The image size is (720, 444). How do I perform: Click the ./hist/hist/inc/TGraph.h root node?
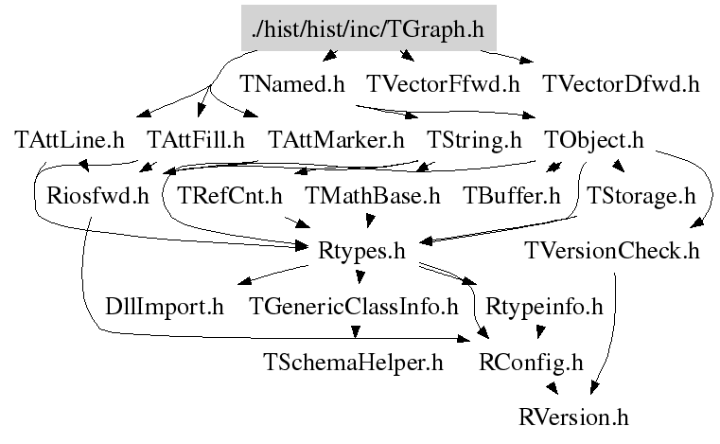pos(369,30)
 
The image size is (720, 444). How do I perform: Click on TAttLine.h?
pos(70,141)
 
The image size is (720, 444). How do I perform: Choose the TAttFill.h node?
pos(197,141)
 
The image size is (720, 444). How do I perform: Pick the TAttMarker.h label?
pos(336,141)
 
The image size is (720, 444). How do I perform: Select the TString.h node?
pos(474,141)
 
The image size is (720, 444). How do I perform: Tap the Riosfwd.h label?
pos(98,197)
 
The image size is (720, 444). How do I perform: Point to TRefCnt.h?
pos(230,197)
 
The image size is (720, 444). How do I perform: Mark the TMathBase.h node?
pos(373,197)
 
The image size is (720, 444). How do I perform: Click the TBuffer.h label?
pos(512,197)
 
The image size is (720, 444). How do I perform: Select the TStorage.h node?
pos(641,197)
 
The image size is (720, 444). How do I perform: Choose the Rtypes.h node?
pos(363,252)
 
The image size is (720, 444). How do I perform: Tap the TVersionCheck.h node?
pos(613,252)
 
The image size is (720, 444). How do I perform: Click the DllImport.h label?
pos(165,307)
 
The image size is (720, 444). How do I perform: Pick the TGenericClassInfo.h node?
pos(354,307)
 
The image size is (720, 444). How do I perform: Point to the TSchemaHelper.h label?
pos(354,362)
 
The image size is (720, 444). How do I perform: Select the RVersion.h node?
pos(573,417)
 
